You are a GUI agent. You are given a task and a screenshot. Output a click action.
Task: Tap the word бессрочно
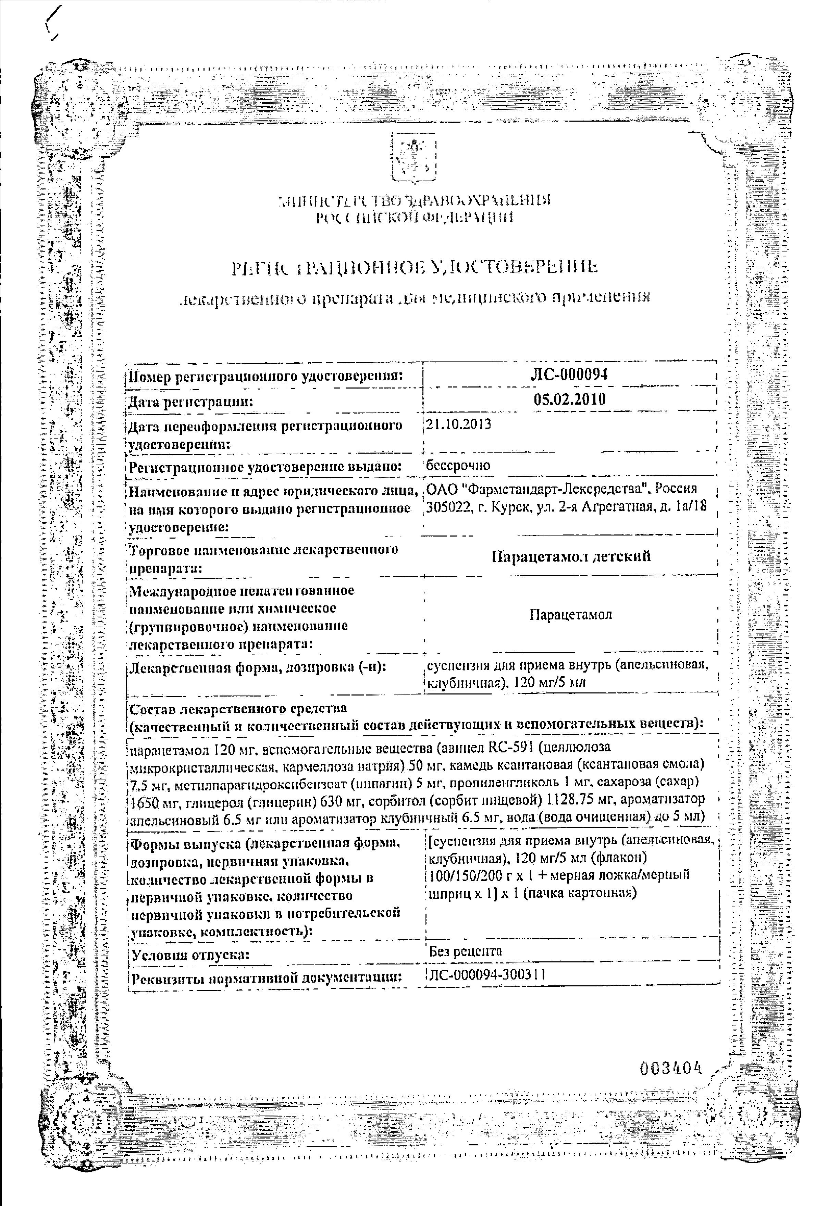(x=458, y=465)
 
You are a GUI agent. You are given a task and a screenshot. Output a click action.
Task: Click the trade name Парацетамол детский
(x=570, y=556)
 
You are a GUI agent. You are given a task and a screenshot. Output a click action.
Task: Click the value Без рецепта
(x=466, y=951)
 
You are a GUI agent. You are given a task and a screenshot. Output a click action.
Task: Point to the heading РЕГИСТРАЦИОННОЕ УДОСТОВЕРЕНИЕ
(x=414, y=268)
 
